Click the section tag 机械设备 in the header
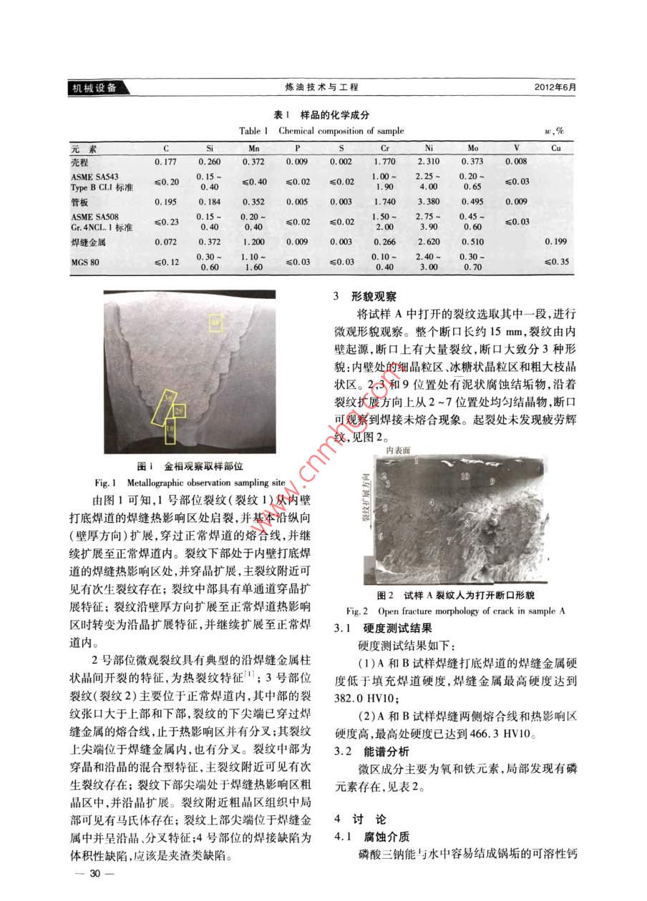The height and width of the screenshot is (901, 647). click(96, 88)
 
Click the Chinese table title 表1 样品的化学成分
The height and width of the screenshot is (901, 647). click(322, 115)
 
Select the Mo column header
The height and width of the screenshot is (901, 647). click(472, 148)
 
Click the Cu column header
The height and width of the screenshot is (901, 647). click(556, 148)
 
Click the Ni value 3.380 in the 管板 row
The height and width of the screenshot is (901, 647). click(427, 202)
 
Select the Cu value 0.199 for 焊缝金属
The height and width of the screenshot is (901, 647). click(555, 242)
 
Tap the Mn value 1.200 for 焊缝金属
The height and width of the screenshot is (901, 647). click(254, 242)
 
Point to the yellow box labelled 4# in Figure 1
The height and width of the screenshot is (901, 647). click(216, 323)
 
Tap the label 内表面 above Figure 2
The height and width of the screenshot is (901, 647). click(398, 450)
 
